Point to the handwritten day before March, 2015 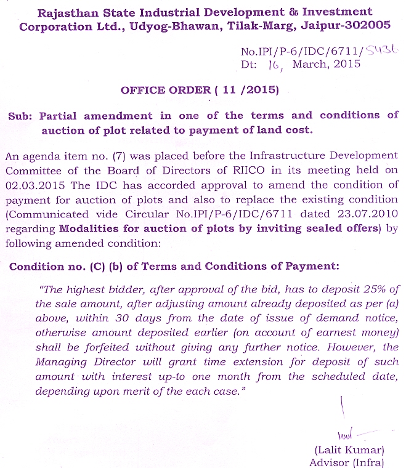pyautogui.click(x=274, y=65)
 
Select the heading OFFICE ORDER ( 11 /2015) pyautogui.click(x=200, y=90)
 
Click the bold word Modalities pyautogui.click(x=91, y=229)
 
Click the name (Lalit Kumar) pyautogui.click(x=349, y=450)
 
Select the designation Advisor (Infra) pyautogui.click(x=347, y=462)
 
